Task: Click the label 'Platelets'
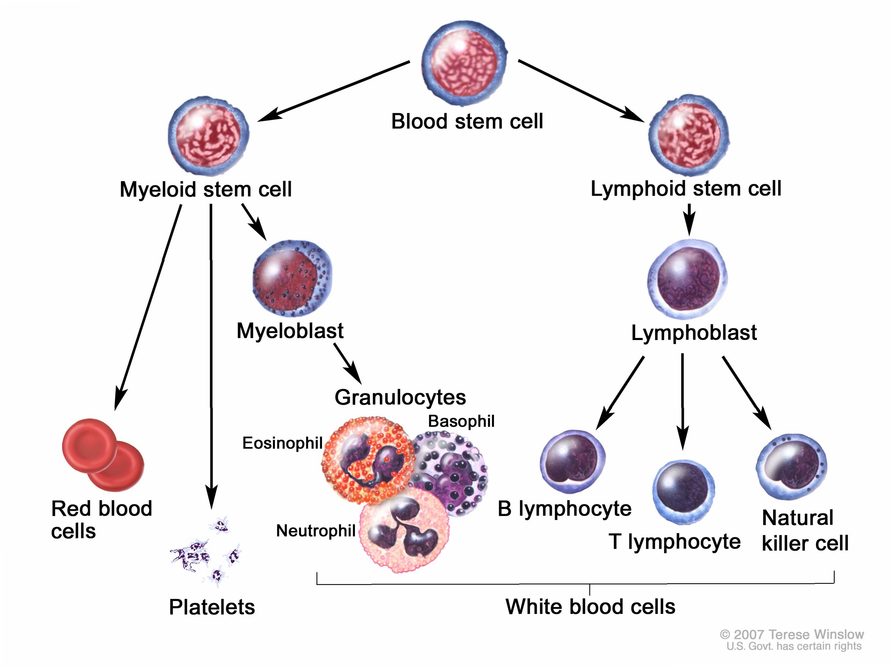point(212,607)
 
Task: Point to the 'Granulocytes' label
point(400,397)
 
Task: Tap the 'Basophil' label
point(461,421)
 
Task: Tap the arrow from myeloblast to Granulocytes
point(347,363)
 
